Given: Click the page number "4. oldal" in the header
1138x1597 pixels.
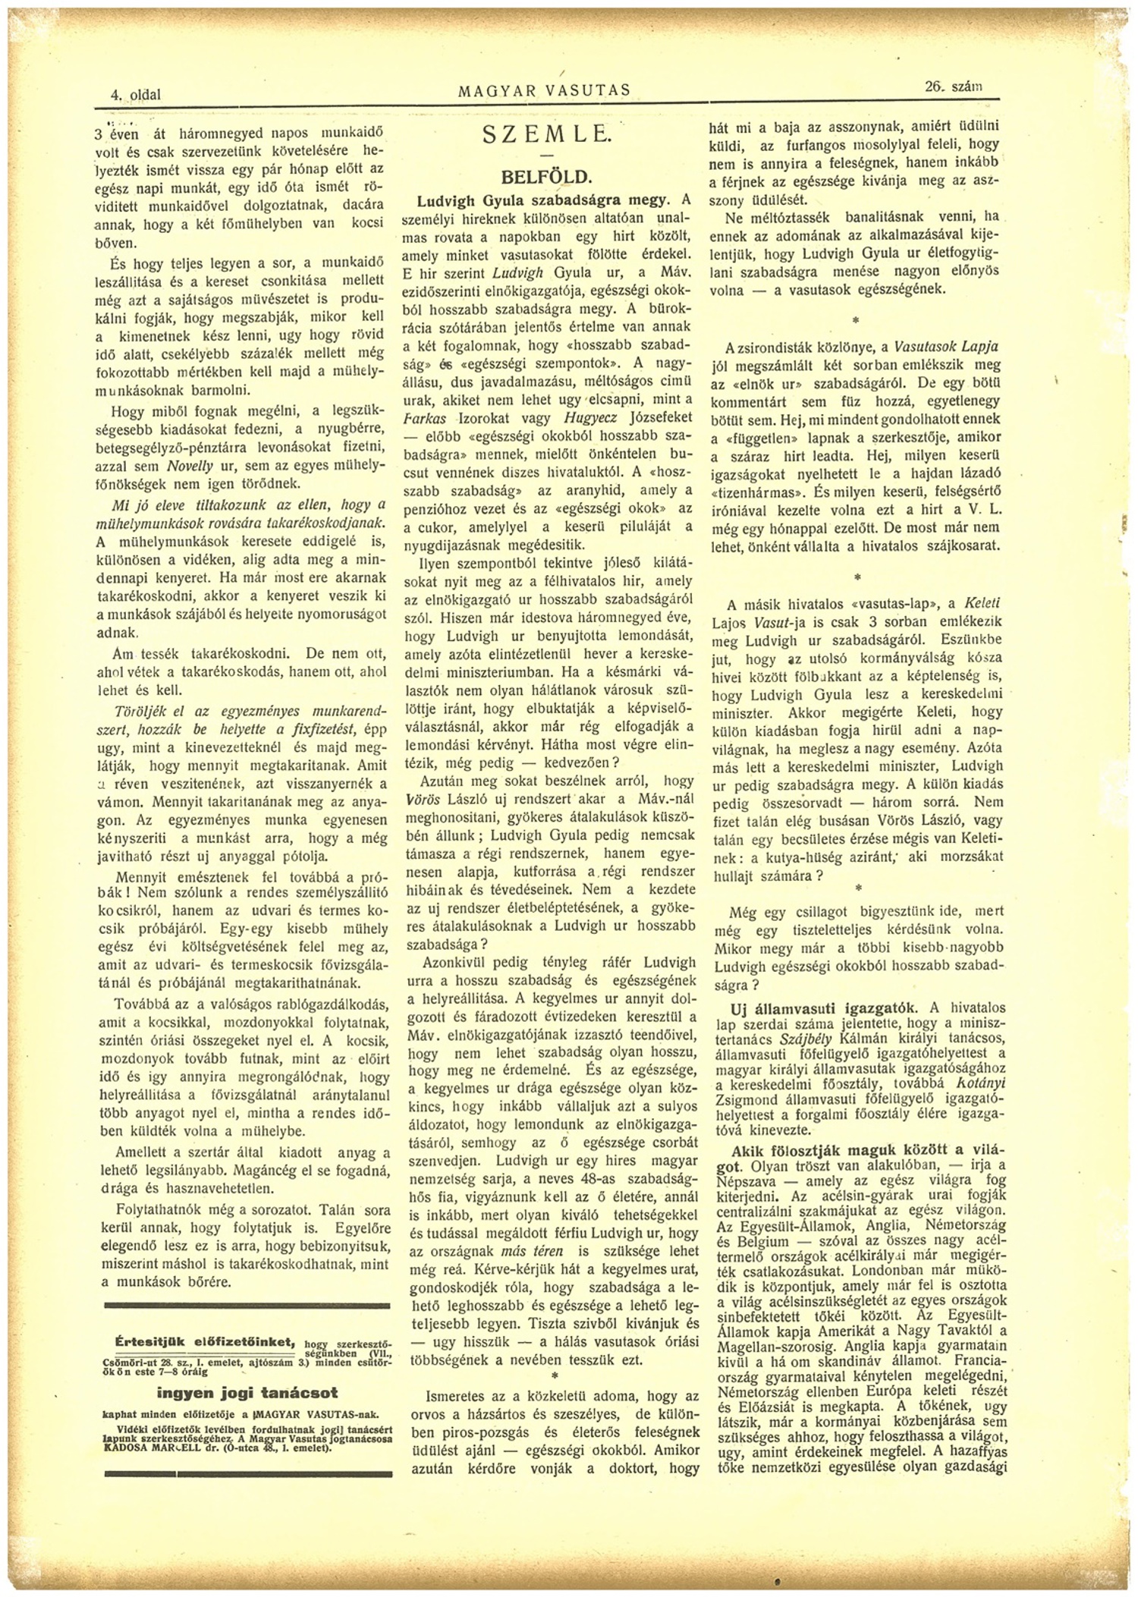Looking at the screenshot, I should point(136,95).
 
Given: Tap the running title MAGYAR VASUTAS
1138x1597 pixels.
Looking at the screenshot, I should point(545,90).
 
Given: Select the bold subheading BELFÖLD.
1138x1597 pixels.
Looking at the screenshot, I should point(545,178).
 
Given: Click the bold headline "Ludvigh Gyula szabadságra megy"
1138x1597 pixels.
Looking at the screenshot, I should point(543,200).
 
